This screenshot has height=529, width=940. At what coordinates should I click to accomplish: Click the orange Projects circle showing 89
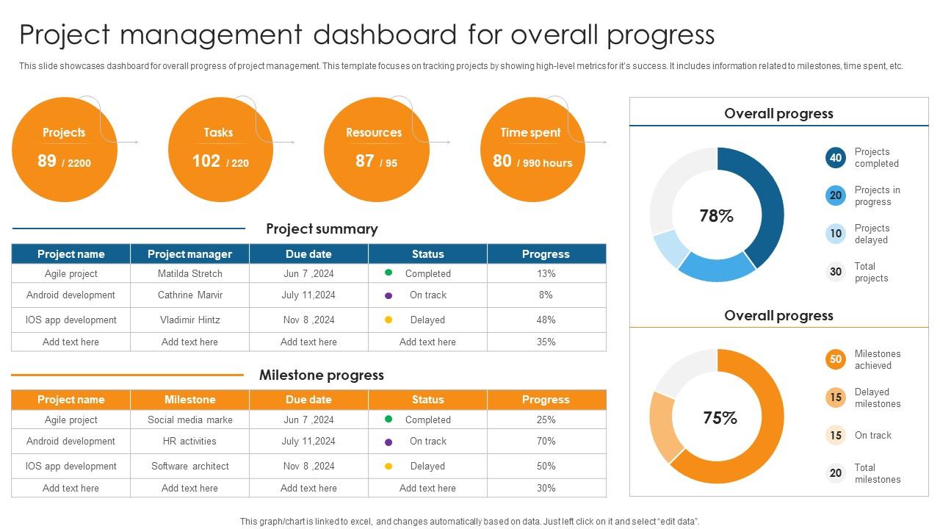pos(65,150)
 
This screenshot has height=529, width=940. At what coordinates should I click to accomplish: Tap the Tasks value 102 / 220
pos(220,161)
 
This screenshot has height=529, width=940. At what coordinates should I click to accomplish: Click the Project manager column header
pos(189,254)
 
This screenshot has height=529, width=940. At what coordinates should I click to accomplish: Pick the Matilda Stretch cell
pos(189,273)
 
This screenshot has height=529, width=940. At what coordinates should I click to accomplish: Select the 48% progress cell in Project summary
pos(546,320)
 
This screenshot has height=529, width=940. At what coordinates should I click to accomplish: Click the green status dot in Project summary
pos(388,273)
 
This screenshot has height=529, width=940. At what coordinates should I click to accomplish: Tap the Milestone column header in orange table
pos(189,400)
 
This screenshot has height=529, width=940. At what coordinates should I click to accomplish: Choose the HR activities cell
pos(189,442)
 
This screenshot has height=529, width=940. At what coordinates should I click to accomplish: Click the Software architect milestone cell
pos(189,466)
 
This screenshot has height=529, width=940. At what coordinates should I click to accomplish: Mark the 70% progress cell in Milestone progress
pos(546,442)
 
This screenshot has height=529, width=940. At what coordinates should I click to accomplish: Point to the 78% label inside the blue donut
pos(717,216)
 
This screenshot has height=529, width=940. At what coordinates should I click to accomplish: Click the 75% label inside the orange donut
pos(720,418)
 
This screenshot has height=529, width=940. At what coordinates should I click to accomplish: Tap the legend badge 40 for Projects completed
pos(836,158)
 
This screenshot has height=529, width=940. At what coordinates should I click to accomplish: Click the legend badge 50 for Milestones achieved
pos(836,359)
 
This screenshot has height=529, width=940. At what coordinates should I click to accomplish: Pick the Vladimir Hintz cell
pos(189,320)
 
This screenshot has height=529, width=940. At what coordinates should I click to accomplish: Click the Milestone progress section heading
pos(322,375)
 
